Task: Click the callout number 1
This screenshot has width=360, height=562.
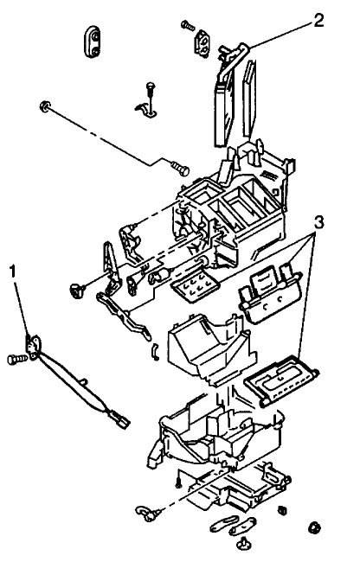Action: [x=13, y=272]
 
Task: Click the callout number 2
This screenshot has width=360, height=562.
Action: [x=319, y=21]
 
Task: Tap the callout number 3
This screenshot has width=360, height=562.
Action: [x=319, y=222]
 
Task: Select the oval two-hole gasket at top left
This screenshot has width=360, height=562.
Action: [x=92, y=40]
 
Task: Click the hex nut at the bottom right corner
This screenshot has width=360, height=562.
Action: [x=312, y=527]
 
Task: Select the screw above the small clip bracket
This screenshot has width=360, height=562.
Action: [x=151, y=86]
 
